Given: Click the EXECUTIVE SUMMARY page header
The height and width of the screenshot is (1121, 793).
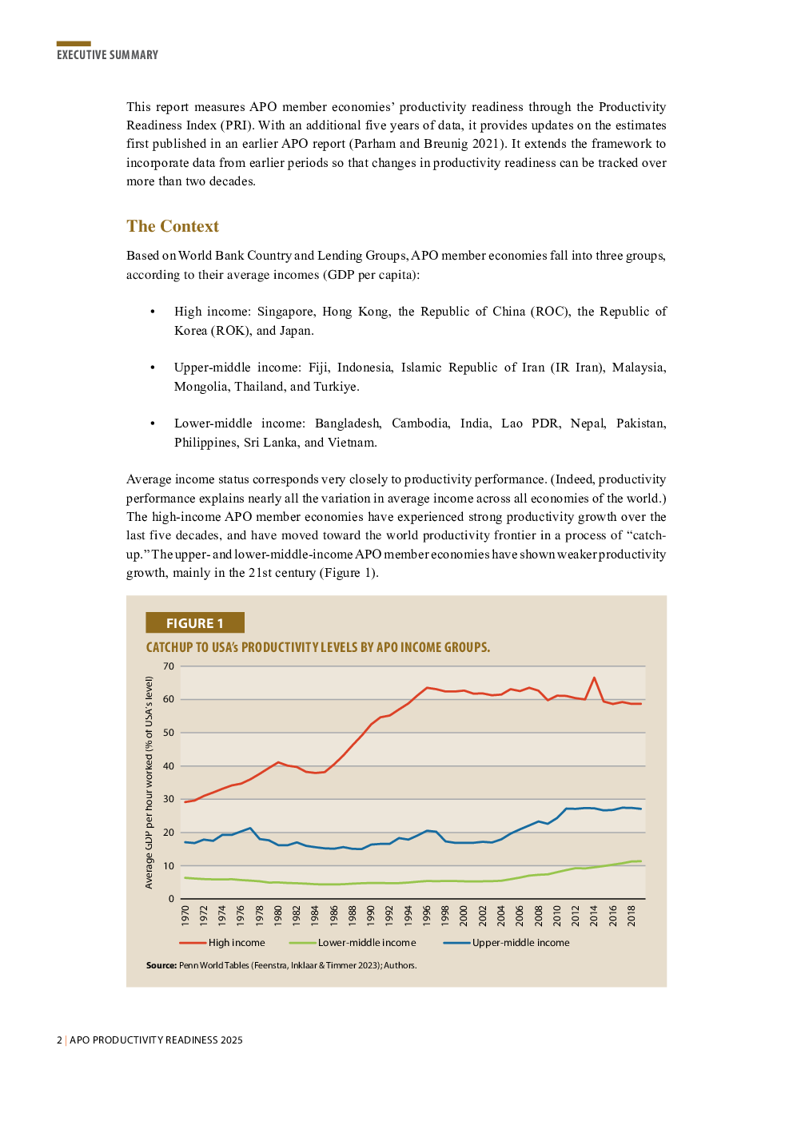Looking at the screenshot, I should [107, 54].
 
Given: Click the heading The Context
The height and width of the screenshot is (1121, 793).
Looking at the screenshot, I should [173, 226].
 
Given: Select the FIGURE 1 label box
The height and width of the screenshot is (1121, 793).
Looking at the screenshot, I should [194, 623].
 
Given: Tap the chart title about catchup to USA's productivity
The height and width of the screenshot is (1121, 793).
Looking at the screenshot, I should [317, 647].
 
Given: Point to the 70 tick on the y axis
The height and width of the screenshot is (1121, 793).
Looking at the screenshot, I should [169, 666].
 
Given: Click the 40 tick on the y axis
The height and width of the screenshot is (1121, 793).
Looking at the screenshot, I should [169, 766].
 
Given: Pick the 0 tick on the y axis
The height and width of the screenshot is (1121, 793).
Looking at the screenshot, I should [171, 899].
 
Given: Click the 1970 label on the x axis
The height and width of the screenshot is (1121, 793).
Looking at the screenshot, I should [185, 915].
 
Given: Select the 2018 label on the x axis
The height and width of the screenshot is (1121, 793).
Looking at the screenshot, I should [632, 915].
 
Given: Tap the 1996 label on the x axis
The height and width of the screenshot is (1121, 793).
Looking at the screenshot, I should [427, 915].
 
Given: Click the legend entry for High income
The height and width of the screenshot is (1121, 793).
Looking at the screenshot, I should [237, 943].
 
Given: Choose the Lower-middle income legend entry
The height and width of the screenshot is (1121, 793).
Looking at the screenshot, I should [367, 943].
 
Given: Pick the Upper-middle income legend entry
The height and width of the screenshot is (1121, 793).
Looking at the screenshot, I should [520, 943].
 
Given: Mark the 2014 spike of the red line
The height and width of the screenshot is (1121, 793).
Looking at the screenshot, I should [594, 678].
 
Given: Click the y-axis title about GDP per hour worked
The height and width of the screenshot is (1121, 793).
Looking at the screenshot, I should [149, 782].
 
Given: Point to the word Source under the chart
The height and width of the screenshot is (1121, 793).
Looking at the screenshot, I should [161, 965].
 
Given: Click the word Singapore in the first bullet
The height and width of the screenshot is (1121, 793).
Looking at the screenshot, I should [285, 312].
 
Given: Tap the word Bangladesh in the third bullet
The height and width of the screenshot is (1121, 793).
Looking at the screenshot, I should [347, 423].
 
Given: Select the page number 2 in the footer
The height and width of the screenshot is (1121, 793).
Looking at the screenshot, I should [59, 1040].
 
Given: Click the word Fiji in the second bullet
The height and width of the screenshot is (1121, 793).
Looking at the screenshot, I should [318, 368].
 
